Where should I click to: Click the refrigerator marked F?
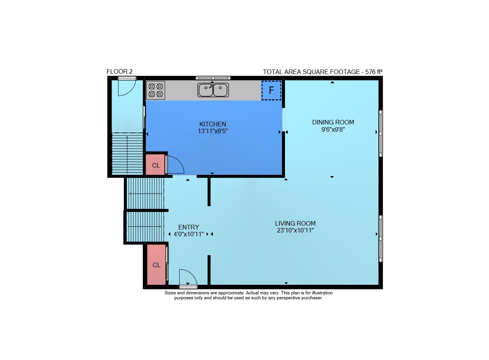[271, 90]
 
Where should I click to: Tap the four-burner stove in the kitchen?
[155, 90]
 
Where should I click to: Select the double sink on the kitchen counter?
[213, 90]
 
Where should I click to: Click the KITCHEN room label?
[213, 124]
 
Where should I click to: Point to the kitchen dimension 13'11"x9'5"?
[213, 131]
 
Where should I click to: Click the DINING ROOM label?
[333, 122]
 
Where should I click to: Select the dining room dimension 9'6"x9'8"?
[333, 129]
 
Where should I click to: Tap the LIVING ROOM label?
[295, 223]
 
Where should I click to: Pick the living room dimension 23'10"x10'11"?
[295, 231]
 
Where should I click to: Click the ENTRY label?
[189, 227]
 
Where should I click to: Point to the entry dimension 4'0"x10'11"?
[189, 234]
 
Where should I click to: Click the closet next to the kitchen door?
[155, 165]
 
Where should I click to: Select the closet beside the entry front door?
[156, 265]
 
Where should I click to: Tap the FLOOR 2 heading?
[120, 71]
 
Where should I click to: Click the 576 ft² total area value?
[374, 72]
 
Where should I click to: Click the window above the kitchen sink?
[213, 78]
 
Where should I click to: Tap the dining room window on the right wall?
[381, 134]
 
